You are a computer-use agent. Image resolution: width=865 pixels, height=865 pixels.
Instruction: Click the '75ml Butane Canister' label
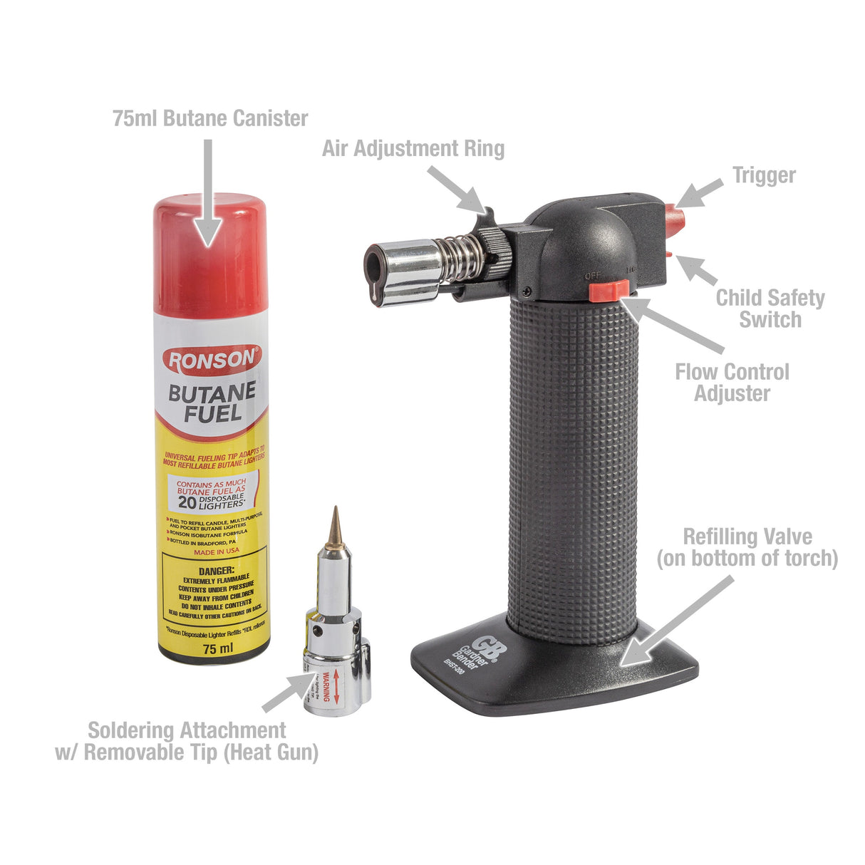tap(210, 118)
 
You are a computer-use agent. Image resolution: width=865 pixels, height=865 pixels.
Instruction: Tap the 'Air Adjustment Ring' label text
tap(413, 148)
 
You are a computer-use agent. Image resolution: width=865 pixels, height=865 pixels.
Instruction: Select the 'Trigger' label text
tap(764, 175)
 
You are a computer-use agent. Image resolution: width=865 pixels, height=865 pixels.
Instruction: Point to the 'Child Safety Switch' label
tap(770, 308)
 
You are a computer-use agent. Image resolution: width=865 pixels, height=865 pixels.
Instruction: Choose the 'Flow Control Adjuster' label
tap(732, 382)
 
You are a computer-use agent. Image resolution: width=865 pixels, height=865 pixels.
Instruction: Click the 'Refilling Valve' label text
tap(747, 547)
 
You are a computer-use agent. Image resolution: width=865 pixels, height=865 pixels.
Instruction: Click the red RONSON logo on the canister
tap(212, 360)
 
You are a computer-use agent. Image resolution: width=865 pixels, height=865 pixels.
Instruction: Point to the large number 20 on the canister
tap(187, 501)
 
